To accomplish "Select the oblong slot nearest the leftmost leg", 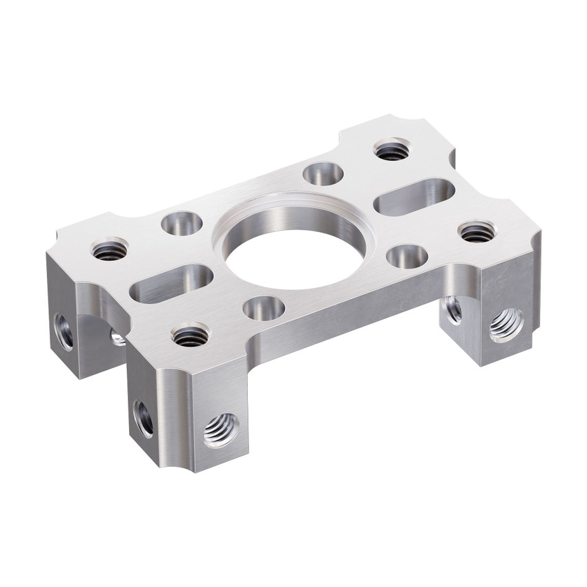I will tap(173, 283).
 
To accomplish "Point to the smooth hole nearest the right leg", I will tap(407, 256).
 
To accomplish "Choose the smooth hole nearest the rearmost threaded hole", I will tap(323, 173).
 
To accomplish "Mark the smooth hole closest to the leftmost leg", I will tap(182, 224).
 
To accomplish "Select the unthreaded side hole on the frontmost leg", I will tap(144, 418).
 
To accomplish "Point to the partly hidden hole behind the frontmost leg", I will tap(117, 337).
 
